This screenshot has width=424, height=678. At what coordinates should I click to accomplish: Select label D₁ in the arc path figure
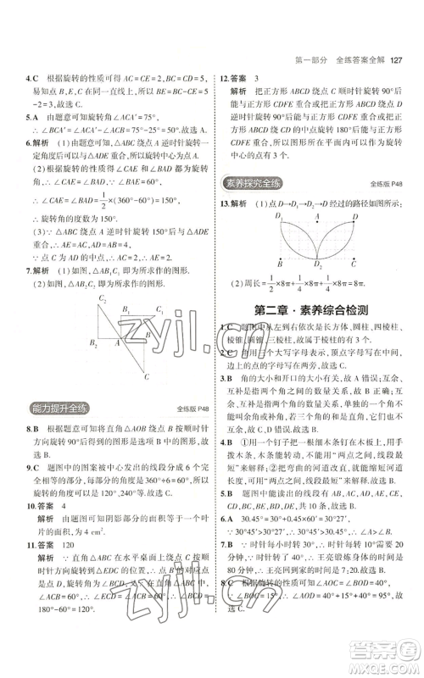click(277, 217)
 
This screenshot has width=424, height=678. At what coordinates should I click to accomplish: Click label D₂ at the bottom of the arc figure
click(320, 265)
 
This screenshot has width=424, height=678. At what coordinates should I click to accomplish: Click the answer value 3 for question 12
click(257, 76)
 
